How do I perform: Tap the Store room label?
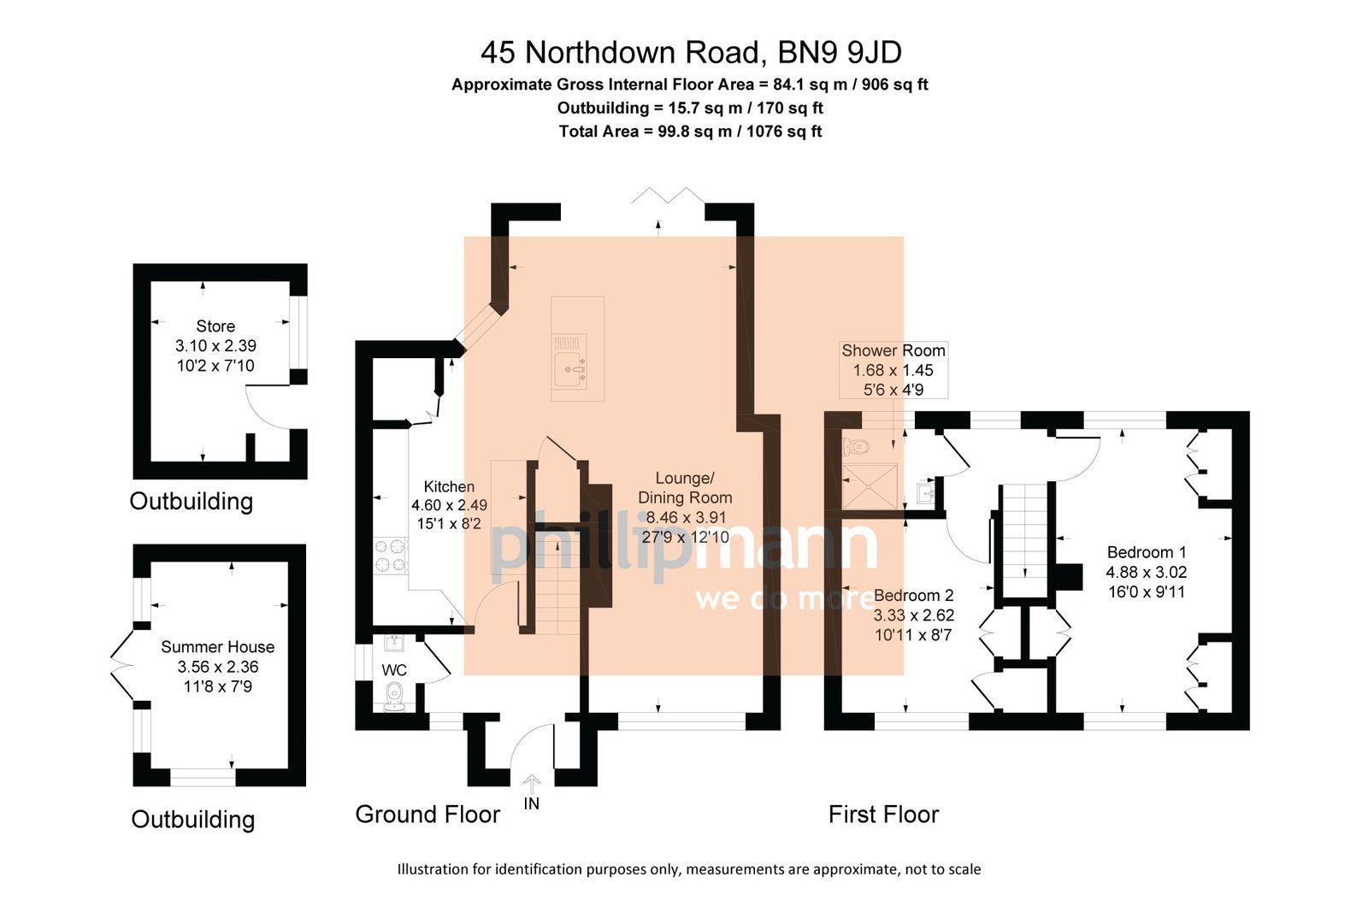click(x=215, y=326)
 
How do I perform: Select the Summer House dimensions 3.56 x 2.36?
click(x=217, y=667)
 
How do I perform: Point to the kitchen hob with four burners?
click(x=391, y=556)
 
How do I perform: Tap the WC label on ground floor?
click(x=394, y=669)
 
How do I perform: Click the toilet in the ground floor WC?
click(x=395, y=697)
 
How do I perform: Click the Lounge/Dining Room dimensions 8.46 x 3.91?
click(x=685, y=517)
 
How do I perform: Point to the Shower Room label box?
click(x=893, y=369)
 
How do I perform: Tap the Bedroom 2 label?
click(x=913, y=595)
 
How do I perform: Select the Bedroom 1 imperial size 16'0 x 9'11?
click(x=1146, y=591)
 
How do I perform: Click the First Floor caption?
click(x=883, y=814)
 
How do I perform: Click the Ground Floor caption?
click(x=427, y=814)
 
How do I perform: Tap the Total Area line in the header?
click(x=690, y=132)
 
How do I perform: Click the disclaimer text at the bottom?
click(x=689, y=869)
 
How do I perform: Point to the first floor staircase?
click(x=1024, y=538)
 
